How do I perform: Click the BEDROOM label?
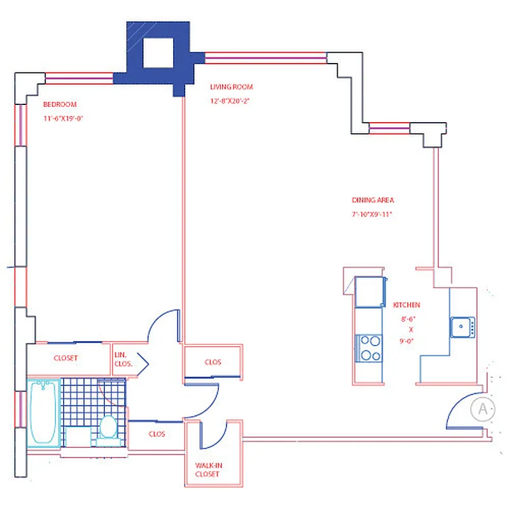pyautogui.click(x=60, y=104)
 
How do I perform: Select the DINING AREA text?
pyautogui.click(x=373, y=200)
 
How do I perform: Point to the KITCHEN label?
pyautogui.click(x=407, y=305)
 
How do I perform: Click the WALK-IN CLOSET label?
pyautogui.click(x=207, y=470)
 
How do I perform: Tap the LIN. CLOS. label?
pyautogui.click(x=123, y=359)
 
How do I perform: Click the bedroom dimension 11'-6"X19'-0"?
pyautogui.click(x=64, y=118)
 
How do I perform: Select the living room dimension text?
pyautogui.click(x=229, y=101)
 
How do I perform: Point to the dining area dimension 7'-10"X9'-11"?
pyautogui.click(x=372, y=214)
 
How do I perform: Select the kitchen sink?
pyautogui.click(x=461, y=327)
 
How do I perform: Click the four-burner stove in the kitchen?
pyautogui.click(x=370, y=347)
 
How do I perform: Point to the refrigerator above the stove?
pyautogui.click(x=370, y=292)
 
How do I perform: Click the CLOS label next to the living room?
pyautogui.click(x=213, y=362)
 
